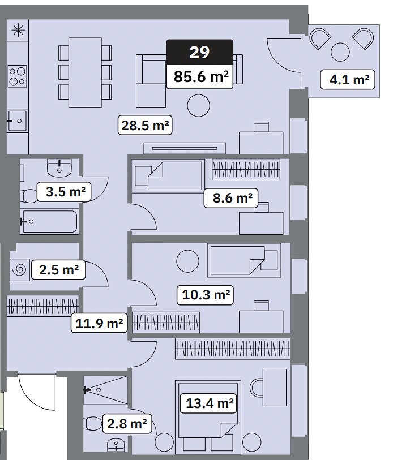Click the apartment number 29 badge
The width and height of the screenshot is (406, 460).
200,52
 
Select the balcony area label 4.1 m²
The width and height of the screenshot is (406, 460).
348,80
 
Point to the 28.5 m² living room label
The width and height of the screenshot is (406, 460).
145,125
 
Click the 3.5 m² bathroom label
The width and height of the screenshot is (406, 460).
65,192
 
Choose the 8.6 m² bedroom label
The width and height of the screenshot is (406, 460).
231,198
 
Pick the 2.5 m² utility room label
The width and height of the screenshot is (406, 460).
58,270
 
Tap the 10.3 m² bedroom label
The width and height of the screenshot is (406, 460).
205,295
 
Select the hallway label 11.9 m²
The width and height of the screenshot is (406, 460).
99,323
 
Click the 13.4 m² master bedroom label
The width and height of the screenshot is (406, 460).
208,403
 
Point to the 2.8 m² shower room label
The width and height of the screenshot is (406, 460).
127,424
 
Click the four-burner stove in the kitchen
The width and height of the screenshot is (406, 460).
18,76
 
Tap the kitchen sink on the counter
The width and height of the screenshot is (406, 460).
17,121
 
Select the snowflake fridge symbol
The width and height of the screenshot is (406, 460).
18,29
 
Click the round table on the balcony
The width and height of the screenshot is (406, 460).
340,52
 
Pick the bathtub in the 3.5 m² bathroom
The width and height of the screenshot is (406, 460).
50,221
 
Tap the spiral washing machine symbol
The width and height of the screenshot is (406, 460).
20,269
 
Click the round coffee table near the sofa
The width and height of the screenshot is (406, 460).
199,106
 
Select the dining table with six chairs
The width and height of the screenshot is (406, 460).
85,72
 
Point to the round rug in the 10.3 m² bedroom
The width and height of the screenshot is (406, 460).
188,261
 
